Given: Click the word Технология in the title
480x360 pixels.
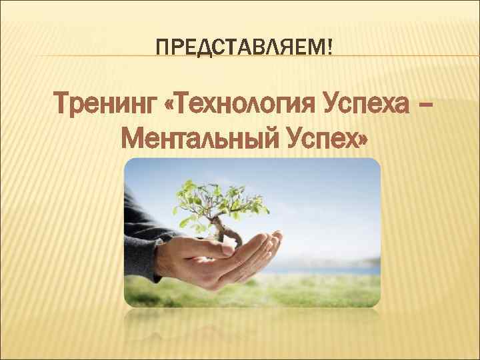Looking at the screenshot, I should click(x=241, y=105).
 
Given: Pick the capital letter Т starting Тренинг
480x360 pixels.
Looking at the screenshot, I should click(x=65, y=105).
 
